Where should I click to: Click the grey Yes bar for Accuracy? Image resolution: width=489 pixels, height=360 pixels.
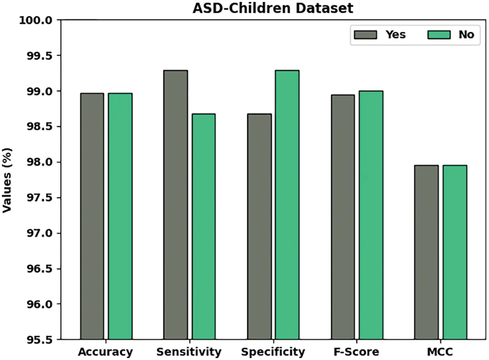(x=92, y=216)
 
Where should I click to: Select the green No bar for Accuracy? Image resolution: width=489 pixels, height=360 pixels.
(x=120, y=216)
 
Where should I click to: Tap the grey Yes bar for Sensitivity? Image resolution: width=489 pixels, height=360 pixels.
(x=175, y=205)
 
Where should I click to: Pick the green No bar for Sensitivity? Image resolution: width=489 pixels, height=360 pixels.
(x=203, y=226)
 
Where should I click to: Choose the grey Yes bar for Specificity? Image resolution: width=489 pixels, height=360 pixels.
(x=259, y=226)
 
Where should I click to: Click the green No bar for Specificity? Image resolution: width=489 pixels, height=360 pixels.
(x=287, y=205)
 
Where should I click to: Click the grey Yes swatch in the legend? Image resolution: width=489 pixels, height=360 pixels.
(x=365, y=35)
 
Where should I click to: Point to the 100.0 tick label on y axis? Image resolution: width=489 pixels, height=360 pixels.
(x=36, y=20)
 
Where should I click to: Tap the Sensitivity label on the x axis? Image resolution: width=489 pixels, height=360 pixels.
(x=189, y=352)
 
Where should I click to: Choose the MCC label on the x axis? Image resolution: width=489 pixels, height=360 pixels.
(x=440, y=352)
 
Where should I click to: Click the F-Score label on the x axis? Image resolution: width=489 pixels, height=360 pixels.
(x=357, y=352)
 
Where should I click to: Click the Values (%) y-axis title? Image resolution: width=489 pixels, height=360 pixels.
(x=7, y=180)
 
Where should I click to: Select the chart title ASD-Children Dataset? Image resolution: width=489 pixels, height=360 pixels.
(x=273, y=8)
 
